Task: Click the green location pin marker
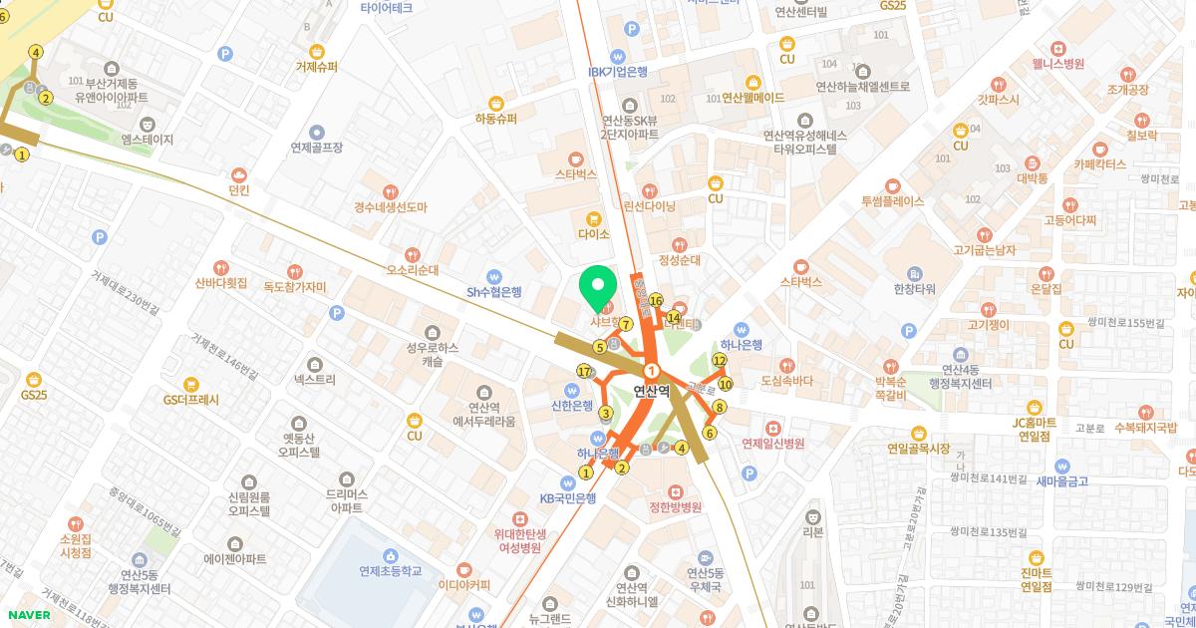[x=598, y=289]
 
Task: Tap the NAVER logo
[x=28, y=614]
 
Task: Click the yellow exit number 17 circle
[x=585, y=371]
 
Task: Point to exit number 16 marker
[x=656, y=300]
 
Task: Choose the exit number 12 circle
[x=720, y=360]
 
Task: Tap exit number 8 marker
[x=720, y=407]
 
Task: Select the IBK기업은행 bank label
[x=618, y=71]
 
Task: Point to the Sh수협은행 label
[x=494, y=292]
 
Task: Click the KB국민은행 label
[x=568, y=498]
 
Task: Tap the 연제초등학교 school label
[x=391, y=571]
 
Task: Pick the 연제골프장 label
[x=317, y=147]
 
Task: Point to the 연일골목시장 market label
[x=918, y=448]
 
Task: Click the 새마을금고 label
[x=1062, y=480]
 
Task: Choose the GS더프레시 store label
[x=190, y=399]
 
